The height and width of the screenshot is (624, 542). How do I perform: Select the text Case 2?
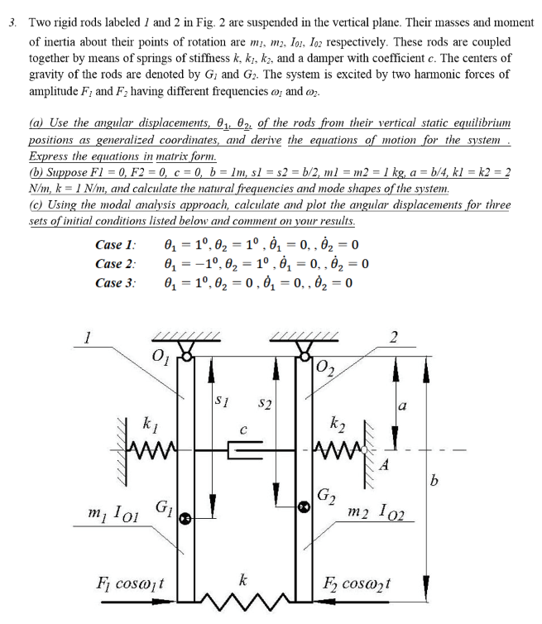click(115, 263)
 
